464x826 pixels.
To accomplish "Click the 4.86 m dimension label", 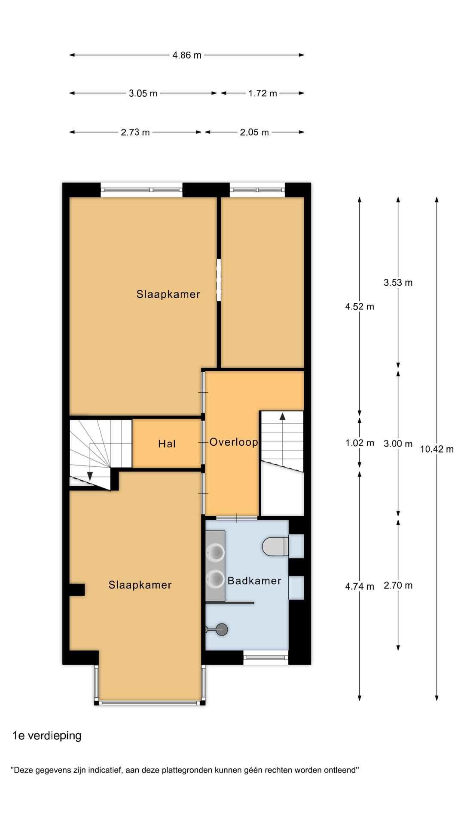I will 187,55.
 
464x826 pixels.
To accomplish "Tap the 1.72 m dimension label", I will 263,93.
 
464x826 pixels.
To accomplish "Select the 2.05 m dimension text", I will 254,132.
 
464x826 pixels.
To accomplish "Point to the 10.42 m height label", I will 437,449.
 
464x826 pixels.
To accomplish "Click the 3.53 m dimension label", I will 398,283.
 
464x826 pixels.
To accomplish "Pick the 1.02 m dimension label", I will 360,443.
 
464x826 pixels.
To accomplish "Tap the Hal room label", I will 167,444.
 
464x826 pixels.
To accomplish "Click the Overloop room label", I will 233,442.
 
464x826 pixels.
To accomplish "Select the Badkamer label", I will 254,581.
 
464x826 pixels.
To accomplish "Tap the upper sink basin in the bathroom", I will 215,552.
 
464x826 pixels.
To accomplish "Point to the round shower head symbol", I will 222,630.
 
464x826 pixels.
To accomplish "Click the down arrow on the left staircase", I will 90,476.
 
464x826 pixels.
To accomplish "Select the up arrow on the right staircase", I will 282,416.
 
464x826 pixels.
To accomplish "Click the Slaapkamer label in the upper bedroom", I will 168,294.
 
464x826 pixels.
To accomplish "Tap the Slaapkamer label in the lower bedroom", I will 140,585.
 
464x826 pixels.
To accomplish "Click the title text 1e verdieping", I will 47,735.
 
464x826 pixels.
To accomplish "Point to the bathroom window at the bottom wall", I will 266,657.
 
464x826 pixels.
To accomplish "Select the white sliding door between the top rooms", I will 219,280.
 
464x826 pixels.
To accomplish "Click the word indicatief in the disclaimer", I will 105,770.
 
